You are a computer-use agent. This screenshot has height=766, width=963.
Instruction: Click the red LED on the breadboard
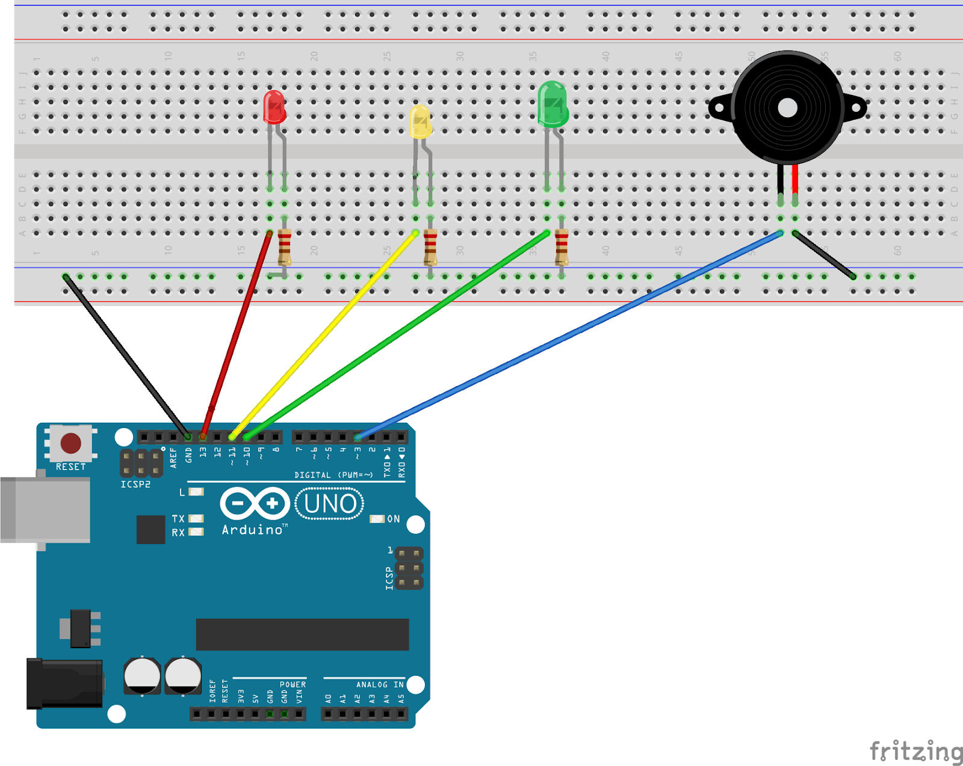click(274, 108)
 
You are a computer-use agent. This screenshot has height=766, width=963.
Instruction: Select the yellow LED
click(420, 122)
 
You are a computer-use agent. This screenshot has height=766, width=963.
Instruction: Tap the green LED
click(553, 104)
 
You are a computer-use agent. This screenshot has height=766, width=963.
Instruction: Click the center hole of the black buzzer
click(787, 108)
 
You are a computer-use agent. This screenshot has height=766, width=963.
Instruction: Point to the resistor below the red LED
click(284, 247)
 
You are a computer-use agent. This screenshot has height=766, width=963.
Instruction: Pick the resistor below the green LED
click(561, 247)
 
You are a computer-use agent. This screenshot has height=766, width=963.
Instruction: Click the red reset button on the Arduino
click(70, 443)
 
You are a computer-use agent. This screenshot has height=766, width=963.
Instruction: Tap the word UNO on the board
click(330, 504)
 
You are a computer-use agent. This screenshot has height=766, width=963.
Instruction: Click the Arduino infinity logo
click(255, 503)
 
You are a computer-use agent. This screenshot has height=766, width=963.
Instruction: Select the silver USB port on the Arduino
click(46, 510)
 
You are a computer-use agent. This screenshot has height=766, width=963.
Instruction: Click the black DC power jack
click(64, 684)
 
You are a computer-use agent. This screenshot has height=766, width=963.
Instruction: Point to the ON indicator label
click(393, 519)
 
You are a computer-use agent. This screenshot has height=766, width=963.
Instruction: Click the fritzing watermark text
click(915, 752)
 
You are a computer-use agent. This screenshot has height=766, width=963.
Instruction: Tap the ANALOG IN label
click(380, 684)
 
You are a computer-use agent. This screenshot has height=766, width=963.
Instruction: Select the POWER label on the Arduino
click(293, 684)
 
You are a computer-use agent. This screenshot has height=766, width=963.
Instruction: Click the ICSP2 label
click(135, 484)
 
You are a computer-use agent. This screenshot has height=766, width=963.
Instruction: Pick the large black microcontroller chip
click(302, 634)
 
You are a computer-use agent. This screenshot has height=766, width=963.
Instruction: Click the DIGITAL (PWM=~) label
click(333, 475)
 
